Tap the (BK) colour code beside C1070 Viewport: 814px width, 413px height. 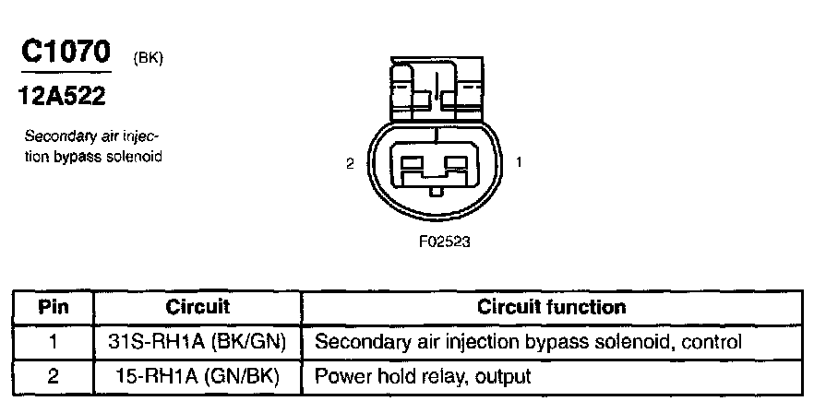149,59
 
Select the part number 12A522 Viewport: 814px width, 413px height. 62,95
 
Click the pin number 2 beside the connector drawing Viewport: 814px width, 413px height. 349,163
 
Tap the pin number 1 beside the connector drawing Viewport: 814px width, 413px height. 520,163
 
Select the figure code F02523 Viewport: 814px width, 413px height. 437,243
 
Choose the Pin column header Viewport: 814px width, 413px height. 54,307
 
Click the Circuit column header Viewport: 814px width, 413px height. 198,307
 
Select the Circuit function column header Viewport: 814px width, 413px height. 552,307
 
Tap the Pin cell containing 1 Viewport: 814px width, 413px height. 54,342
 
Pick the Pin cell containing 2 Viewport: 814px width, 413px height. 54,376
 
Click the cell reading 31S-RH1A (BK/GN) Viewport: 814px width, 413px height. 198,342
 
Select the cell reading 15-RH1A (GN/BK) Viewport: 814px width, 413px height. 198,376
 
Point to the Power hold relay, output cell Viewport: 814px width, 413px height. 424,376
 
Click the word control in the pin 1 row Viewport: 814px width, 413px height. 711,342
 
